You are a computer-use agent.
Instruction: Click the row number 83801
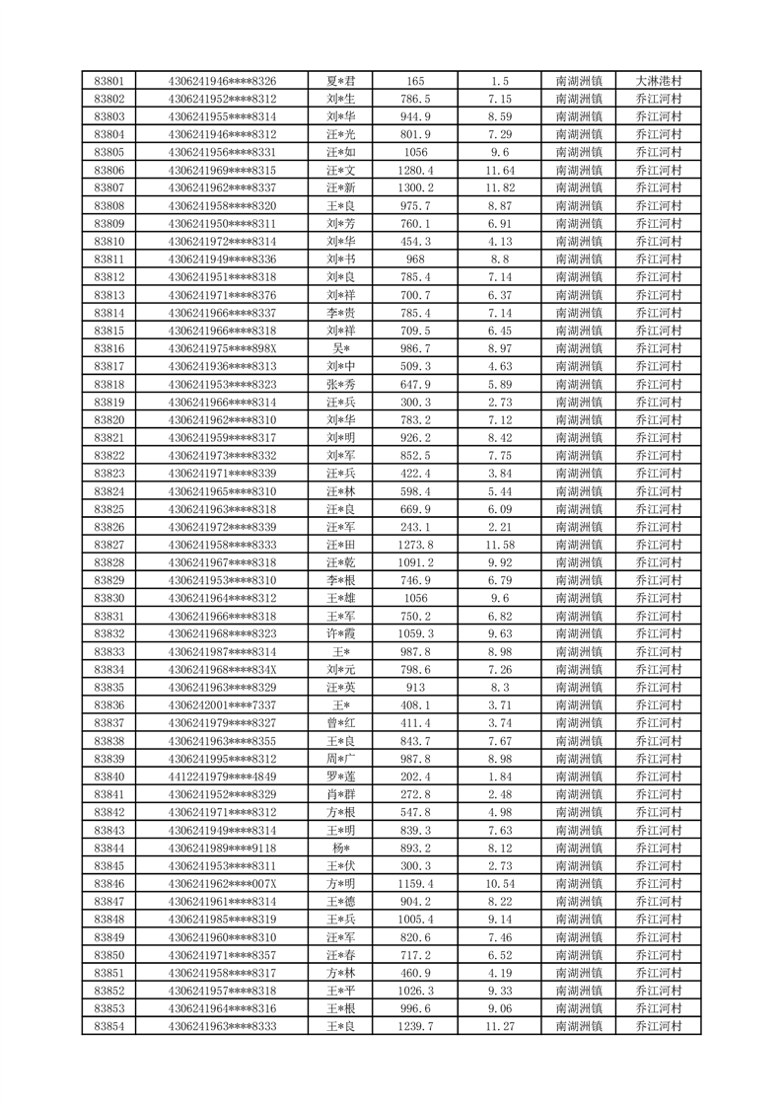point(108,81)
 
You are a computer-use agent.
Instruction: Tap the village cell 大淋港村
point(659,81)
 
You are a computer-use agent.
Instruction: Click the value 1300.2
point(416,187)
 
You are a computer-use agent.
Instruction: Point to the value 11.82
point(499,187)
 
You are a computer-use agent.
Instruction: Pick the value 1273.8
point(416,545)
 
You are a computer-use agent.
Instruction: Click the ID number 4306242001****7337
point(222,704)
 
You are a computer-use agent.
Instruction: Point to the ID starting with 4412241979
point(222,776)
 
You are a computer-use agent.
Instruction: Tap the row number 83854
point(108,1026)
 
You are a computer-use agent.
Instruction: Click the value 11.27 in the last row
point(499,1026)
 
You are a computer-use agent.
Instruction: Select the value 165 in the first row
point(416,81)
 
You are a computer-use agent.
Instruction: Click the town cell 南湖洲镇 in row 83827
point(580,545)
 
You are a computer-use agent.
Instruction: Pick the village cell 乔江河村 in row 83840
point(659,776)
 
